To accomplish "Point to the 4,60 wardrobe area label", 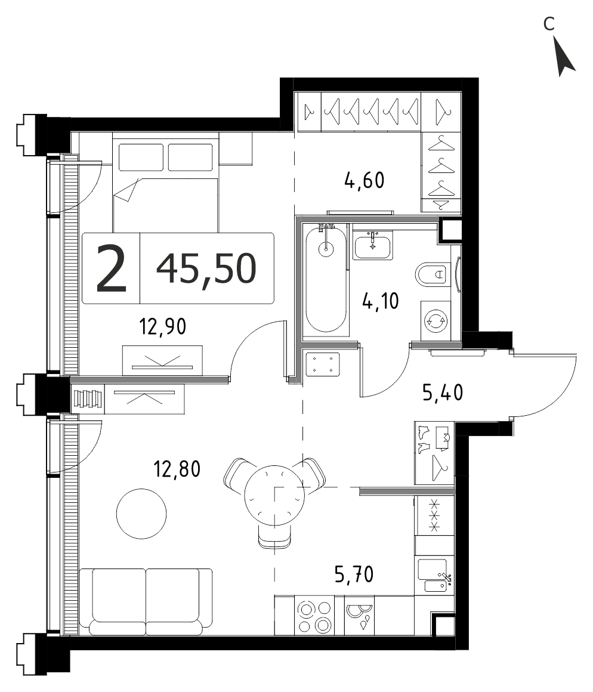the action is click(x=365, y=181).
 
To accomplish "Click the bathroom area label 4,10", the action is click(x=381, y=301).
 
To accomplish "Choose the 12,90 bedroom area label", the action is click(x=163, y=327).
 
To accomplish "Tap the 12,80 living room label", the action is click(x=177, y=469).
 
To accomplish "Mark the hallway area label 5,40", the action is click(x=443, y=393).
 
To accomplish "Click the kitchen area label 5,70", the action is click(x=354, y=574).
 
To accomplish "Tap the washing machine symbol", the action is click(x=436, y=321).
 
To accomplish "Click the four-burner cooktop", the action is click(x=314, y=616).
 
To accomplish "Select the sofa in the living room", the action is click(x=146, y=602).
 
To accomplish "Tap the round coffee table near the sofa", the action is click(x=141, y=513).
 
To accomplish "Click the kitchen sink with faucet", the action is click(x=435, y=575).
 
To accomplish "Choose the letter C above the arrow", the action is click(x=548, y=24).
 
